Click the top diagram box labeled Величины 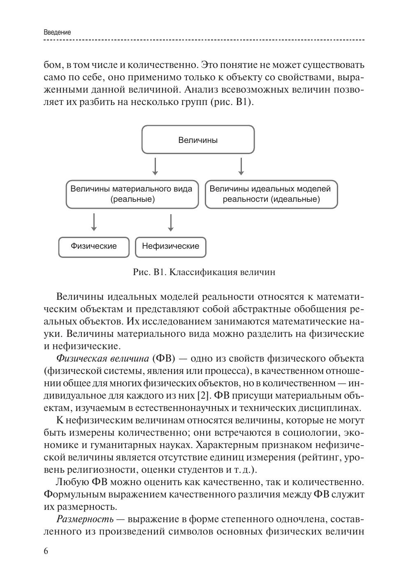click(198, 140)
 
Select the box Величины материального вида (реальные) click(132, 194)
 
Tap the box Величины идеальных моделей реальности click(271, 194)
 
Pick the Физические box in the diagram click(94, 246)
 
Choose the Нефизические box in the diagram click(170, 246)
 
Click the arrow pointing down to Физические click(94, 222)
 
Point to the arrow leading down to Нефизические click(170, 222)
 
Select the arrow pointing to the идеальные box click(241, 166)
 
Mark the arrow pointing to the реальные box click(155, 166)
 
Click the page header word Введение click(57, 32)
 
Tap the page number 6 click(46, 551)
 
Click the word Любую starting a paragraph click(72, 481)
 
